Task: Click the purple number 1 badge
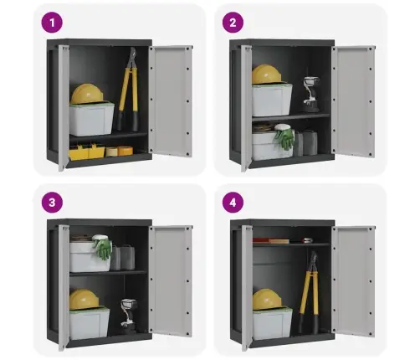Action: coord(52,23)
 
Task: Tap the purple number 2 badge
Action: coord(233,23)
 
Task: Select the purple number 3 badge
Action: coord(52,203)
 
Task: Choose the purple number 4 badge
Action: coord(233,203)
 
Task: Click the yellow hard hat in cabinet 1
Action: coord(87,94)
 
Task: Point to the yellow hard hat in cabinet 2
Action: coord(266,74)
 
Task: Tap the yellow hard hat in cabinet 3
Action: coord(84,299)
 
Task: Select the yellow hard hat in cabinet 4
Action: coord(267,299)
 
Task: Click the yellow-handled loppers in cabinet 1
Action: coord(129,90)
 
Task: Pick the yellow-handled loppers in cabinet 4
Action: coord(310,293)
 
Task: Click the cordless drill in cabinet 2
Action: coord(311,94)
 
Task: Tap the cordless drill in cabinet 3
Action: coord(129,316)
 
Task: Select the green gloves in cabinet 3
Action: coord(102,247)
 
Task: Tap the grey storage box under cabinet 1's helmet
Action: coord(91,120)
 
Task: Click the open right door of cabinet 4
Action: coord(354,280)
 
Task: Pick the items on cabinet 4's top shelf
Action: coord(283,240)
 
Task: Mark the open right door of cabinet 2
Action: coord(354,101)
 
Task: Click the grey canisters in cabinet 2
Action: coord(305,143)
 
